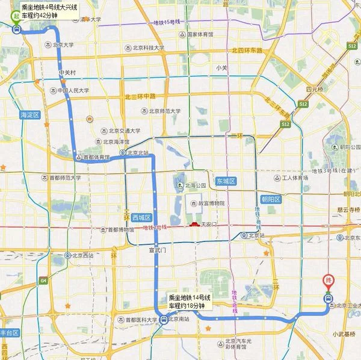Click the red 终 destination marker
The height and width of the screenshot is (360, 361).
[x=329, y=279]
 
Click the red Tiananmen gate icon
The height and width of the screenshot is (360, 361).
[x=194, y=225]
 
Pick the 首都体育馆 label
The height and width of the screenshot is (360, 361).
[x=96, y=158]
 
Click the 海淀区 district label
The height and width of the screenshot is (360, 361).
[x=29, y=114]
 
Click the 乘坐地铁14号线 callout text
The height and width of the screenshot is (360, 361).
[x=190, y=297]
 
